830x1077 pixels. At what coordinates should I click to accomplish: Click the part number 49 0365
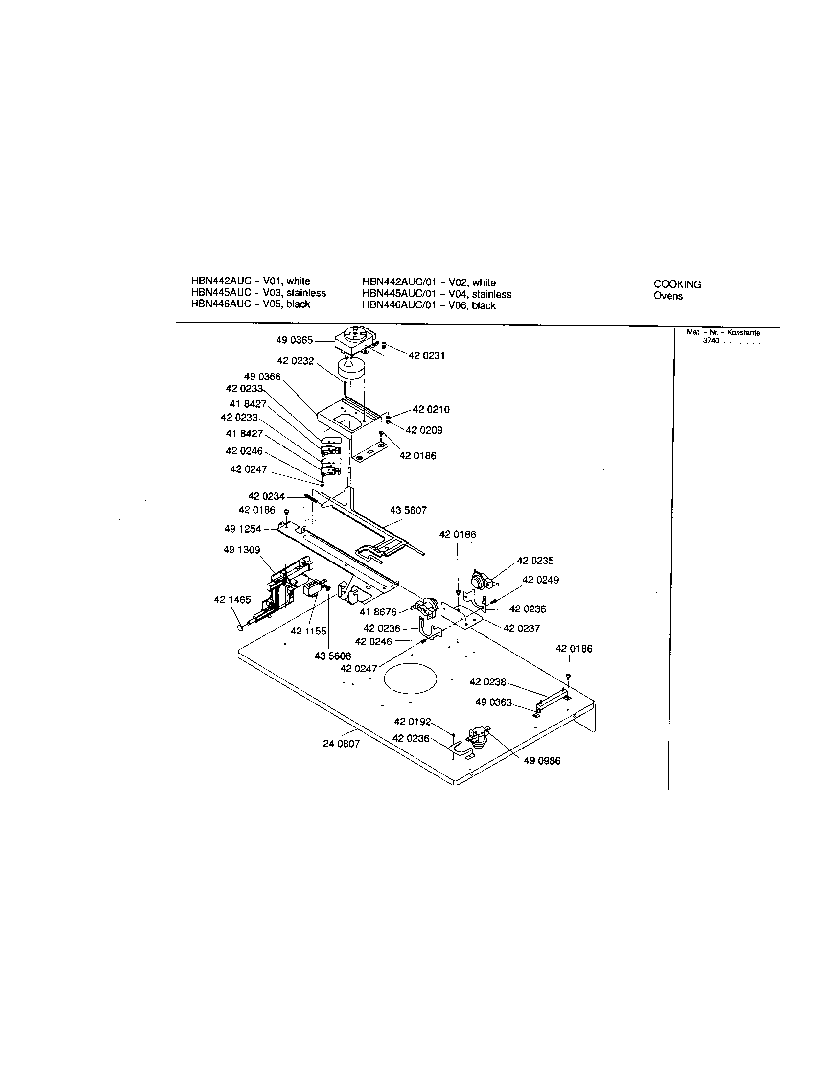pos(294,340)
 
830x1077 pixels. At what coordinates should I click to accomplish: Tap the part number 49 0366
pos(262,377)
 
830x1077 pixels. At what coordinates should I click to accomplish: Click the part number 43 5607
pos(408,510)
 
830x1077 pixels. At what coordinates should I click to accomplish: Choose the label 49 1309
pos(241,550)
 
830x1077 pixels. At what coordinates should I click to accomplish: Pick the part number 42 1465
pos(232,600)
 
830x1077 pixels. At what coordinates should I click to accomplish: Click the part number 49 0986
pos(542,761)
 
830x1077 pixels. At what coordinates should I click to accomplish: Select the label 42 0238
pos(487,682)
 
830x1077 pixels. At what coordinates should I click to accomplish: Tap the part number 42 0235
pos(535,561)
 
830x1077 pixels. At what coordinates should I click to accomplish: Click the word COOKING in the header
pos(677,284)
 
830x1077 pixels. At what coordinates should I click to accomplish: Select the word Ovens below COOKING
pos(668,296)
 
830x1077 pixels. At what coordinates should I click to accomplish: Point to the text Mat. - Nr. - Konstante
pos(723,333)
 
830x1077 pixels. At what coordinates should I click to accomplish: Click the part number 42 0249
pos(540,580)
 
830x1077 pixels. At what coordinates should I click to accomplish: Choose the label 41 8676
pos(378,612)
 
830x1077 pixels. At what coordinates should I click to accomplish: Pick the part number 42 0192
pos(412,722)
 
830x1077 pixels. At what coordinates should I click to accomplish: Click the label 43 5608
pos(333,656)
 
